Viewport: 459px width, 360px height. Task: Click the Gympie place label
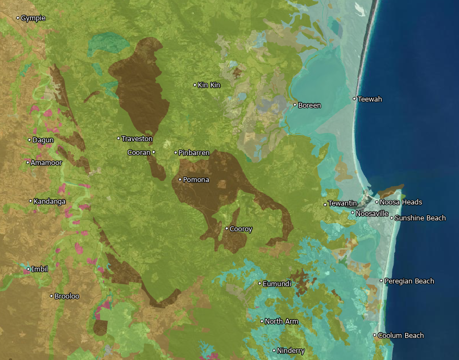[x=33, y=18]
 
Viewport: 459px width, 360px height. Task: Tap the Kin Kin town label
[x=209, y=85]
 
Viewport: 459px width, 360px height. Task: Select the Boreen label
[x=309, y=105]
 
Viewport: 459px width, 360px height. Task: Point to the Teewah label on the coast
[x=369, y=99]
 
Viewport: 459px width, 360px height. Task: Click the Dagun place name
[x=43, y=140]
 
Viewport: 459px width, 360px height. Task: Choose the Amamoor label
[x=46, y=163]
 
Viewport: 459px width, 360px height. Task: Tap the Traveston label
[x=137, y=139]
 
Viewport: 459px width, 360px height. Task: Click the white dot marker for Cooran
[x=153, y=152]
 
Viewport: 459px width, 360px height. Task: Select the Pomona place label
[x=196, y=180]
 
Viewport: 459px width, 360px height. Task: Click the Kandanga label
[x=49, y=201]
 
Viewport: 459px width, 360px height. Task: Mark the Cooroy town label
[x=241, y=229]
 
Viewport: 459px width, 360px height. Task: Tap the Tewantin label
[x=342, y=204]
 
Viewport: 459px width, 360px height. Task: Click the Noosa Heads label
[x=401, y=202]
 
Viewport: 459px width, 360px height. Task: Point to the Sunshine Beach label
[x=420, y=218]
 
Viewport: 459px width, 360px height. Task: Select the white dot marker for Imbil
[x=29, y=269]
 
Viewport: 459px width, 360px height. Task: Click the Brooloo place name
[x=67, y=296]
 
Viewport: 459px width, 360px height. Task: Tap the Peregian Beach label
[x=409, y=281]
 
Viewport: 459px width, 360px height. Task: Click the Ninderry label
[x=291, y=351]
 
